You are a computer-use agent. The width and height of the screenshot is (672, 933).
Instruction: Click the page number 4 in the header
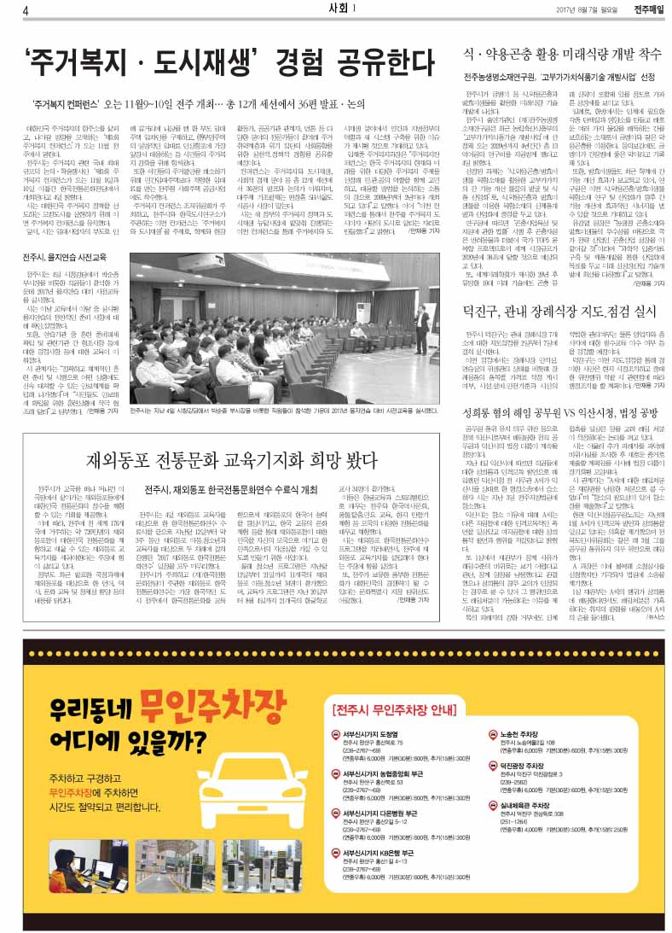tap(26, 10)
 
